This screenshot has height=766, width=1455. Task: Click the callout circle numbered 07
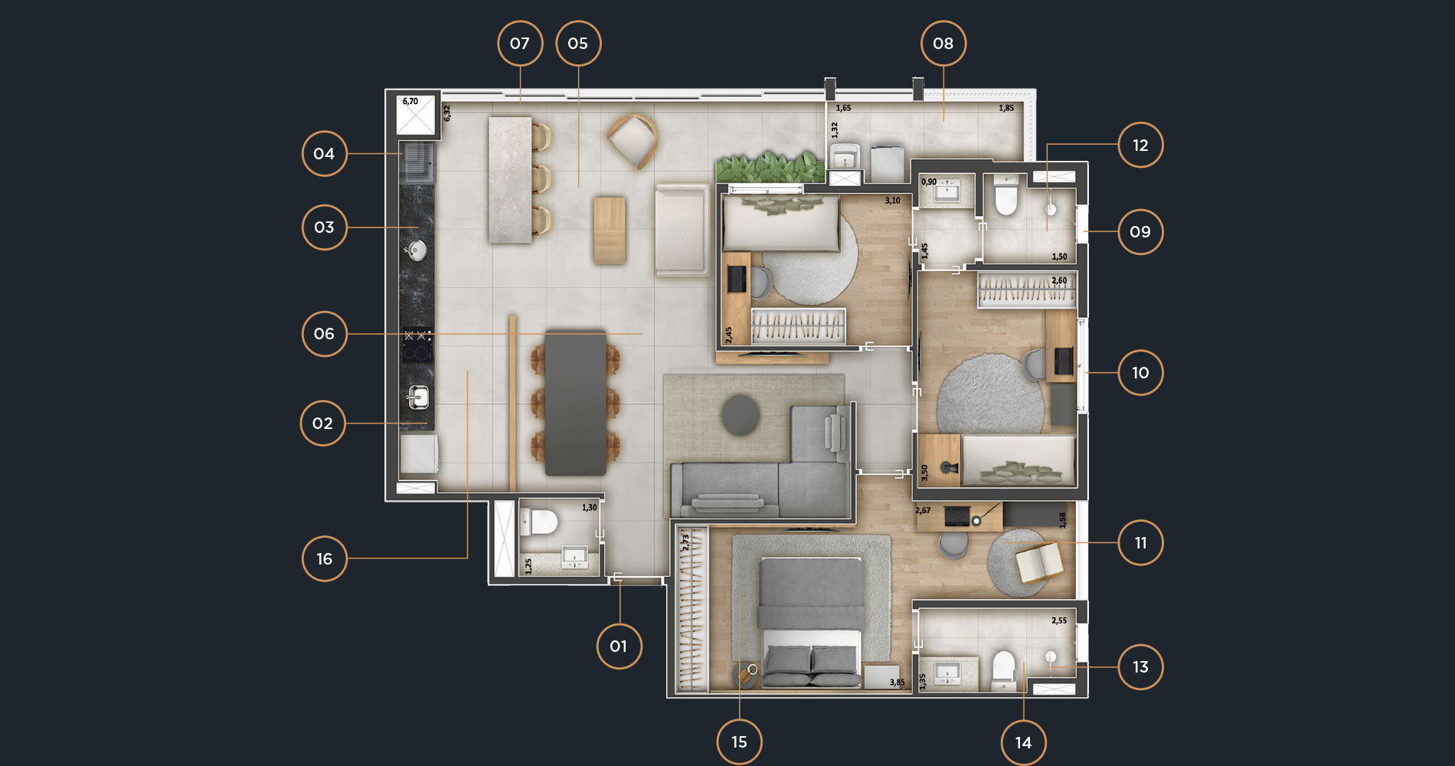(520, 44)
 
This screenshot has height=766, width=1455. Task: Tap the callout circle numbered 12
(1140, 145)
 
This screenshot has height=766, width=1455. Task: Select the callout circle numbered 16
(324, 558)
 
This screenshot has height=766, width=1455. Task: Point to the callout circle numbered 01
(619, 646)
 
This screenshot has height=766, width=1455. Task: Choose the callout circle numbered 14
(1023, 742)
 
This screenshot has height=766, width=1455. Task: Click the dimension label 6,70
(410, 101)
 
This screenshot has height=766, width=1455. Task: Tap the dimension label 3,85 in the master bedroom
(897, 683)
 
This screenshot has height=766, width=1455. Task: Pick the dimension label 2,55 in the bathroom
(1059, 620)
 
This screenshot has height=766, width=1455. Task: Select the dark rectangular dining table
(576, 403)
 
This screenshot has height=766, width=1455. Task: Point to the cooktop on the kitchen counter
(417, 345)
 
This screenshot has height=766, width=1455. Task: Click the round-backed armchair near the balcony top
(633, 141)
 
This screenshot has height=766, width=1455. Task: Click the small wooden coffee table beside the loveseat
(610, 231)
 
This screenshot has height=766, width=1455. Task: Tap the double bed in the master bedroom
(811, 622)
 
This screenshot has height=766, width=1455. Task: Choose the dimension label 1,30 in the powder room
(589, 507)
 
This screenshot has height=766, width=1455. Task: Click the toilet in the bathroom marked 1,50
(1005, 197)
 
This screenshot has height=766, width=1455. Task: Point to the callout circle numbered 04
(324, 154)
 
